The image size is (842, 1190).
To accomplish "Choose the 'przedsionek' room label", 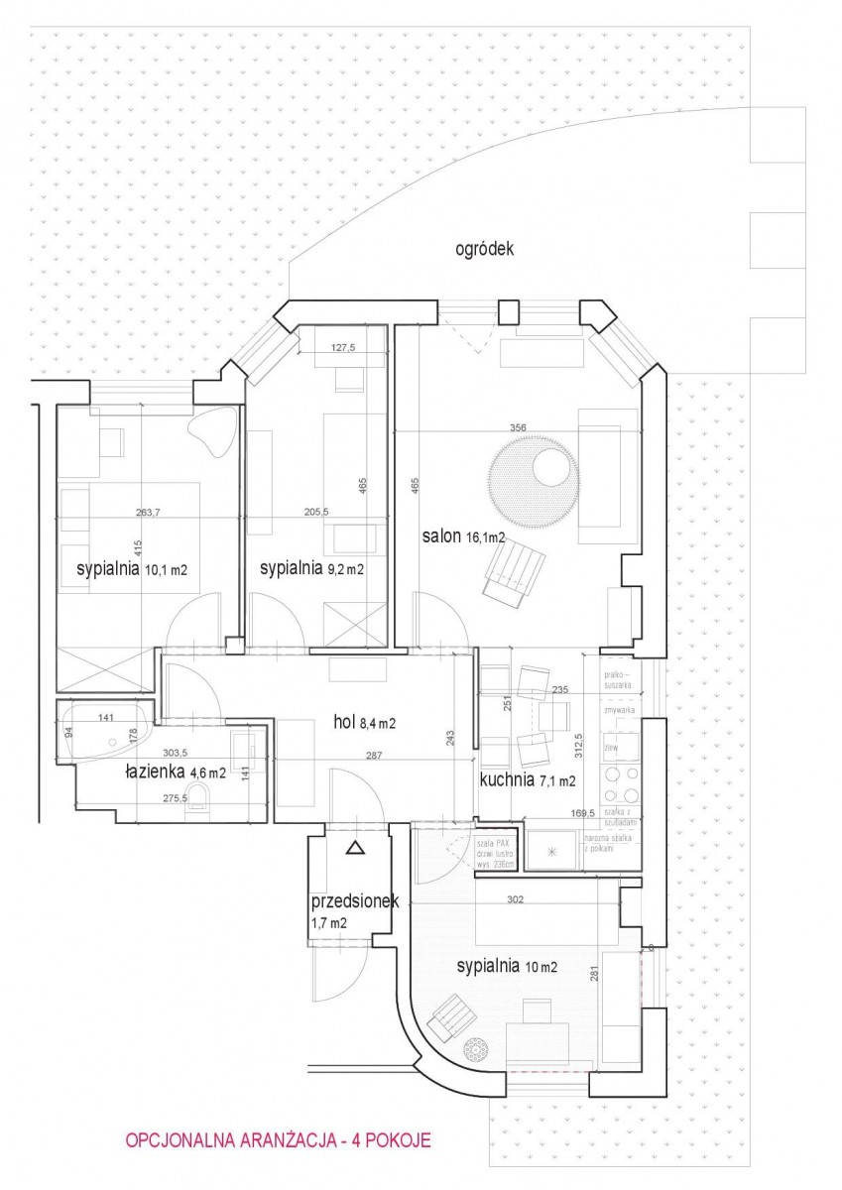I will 354,902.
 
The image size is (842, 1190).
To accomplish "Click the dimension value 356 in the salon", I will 517,428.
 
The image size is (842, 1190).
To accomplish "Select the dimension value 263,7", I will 149,513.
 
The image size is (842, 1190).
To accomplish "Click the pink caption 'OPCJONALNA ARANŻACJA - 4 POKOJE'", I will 278,1141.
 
